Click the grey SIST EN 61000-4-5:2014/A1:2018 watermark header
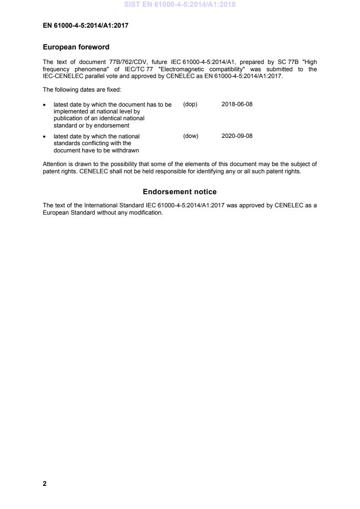[x=180, y=5]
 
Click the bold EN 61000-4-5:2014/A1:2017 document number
[x=85, y=26]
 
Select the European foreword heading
[x=76, y=47]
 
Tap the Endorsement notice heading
[x=180, y=192]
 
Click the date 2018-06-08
[x=237, y=104]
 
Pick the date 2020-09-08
[x=237, y=136]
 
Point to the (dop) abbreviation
[x=190, y=104]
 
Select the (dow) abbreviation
[x=191, y=136]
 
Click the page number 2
[x=44, y=484]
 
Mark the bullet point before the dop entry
[x=44, y=105]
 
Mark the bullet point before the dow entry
[x=44, y=137]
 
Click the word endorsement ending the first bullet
[x=113, y=125]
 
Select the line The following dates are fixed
[x=82, y=90]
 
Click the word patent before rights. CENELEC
[x=50, y=171]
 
